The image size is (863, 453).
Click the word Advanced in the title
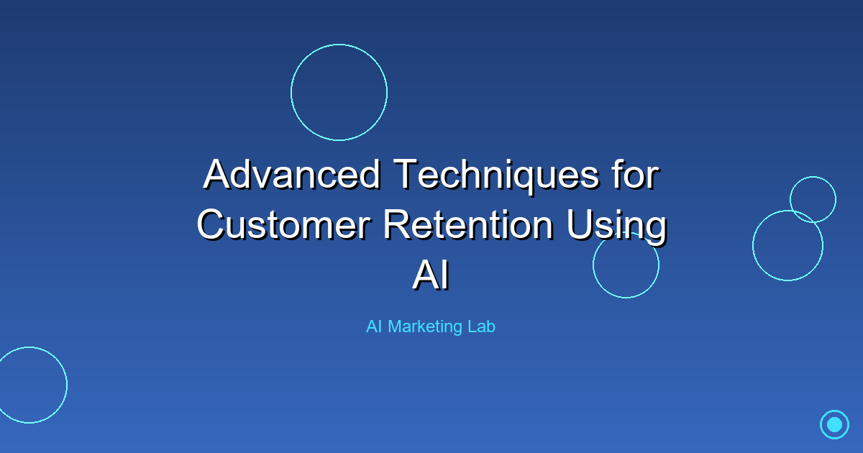[x=292, y=175]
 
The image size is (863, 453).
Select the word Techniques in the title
[x=497, y=176]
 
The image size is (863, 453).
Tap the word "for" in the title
[x=636, y=175]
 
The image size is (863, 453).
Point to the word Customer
[x=284, y=224]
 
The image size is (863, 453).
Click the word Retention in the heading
[x=469, y=224]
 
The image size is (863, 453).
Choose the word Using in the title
[x=616, y=227]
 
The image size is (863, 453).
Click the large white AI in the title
[x=431, y=275]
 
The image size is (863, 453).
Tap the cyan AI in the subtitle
[x=374, y=326]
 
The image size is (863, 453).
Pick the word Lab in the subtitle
[x=481, y=326]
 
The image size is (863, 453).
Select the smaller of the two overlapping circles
[x=813, y=177]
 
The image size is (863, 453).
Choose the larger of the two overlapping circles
[x=753, y=245]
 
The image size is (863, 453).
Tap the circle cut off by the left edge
[x=67, y=385]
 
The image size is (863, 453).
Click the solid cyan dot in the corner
[x=834, y=424]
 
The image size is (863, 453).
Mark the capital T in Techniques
[x=406, y=175]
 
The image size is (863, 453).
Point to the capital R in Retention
[x=396, y=224]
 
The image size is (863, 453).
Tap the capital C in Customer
[x=211, y=225]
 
